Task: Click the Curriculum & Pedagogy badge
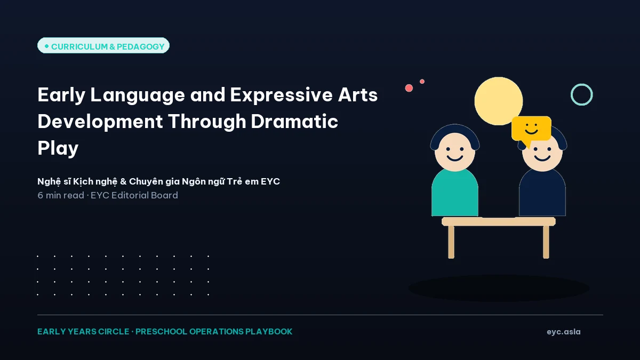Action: [x=103, y=45]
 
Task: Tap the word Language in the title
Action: [x=138, y=95]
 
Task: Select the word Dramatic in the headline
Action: [x=294, y=122]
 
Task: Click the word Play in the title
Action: [x=58, y=149]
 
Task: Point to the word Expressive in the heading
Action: [x=281, y=95]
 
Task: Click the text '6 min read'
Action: [x=61, y=195]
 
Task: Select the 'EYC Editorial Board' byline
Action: [x=134, y=195]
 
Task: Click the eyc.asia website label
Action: [x=563, y=332]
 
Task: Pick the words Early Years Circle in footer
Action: [x=83, y=331]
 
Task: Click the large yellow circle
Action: [x=499, y=101]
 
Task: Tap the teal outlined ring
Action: [x=582, y=84]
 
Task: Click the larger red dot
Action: [x=409, y=88]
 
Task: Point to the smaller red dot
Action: [x=422, y=82]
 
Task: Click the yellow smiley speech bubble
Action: [x=531, y=129]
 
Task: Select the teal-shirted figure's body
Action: [x=455, y=193]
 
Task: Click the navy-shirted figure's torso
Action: [x=542, y=193]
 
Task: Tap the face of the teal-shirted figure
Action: [x=455, y=151]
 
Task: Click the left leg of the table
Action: [x=451, y=242]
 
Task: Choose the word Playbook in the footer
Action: [x=269, y=331]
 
